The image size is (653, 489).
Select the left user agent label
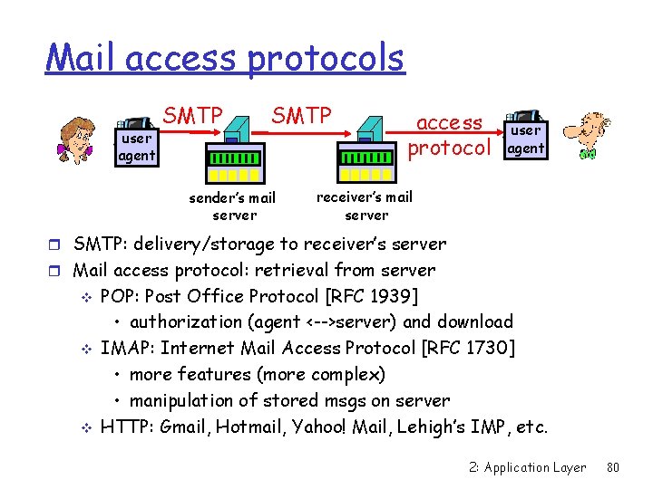(136, 148)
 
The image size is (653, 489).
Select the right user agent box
(525, 140)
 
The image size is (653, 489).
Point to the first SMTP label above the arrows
(192, 116)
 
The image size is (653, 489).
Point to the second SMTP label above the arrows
(301, 116)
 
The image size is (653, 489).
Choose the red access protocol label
(449, 135)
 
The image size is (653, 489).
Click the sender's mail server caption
(232, 206)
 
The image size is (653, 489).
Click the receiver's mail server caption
(365, 206)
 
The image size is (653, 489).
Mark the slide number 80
(612, 467)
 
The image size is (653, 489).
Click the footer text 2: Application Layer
(528, 467)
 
